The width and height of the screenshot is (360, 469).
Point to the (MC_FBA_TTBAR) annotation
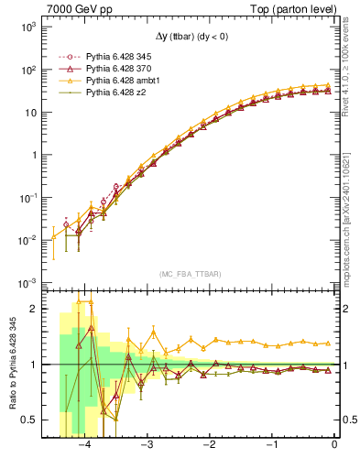(x=190, y=274)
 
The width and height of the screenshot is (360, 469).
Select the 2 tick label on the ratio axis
(x=36, y=309)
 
